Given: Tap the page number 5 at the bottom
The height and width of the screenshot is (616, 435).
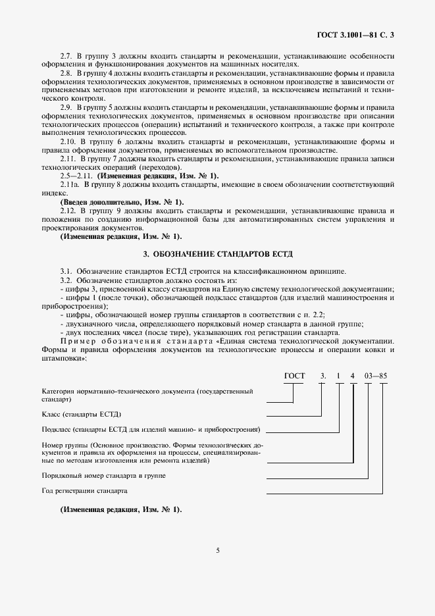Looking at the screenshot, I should click(x=217, y=550).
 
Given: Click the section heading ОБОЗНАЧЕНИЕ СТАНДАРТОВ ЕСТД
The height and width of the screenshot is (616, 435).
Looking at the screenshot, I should click(x=218, y=253).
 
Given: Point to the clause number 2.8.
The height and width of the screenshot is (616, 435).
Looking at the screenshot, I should click(x=66, y=73).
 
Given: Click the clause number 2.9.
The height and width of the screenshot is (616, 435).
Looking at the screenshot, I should click(x=66, y=107).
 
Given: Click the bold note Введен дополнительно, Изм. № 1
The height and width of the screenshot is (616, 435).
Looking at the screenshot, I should click(x=122, y=201).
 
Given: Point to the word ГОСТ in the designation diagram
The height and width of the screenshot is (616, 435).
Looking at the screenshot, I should click(x=294, y=376).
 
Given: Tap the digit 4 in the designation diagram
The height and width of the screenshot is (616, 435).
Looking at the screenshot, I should click(x=353, y=376).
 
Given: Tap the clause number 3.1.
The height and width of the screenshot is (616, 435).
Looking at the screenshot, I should click(x=66, y=270).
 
